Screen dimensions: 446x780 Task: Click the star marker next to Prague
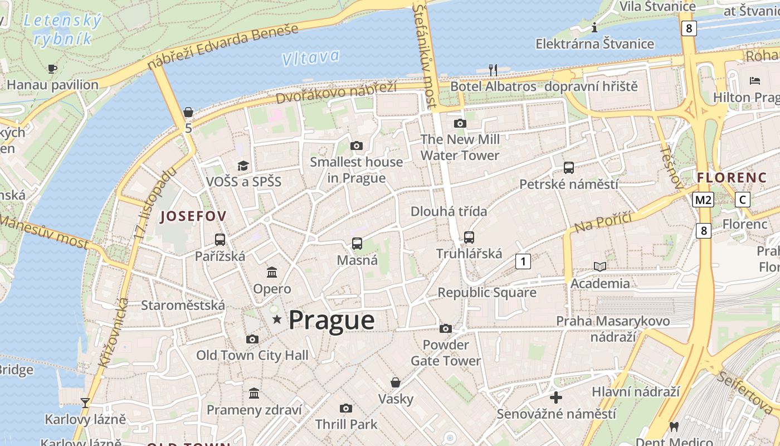[x=277, y=319]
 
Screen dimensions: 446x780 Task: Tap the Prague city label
[x=331, y=321]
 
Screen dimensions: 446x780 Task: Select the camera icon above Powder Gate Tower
[x=446, y=328]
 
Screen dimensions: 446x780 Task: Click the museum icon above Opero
[x=272, y=272]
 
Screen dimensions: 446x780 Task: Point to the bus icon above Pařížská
[x=220, y=240]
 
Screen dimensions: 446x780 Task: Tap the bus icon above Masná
[x=357, y=244]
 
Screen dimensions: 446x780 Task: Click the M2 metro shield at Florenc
[x=703, y=200]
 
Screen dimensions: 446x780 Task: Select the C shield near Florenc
[x=742, y=200]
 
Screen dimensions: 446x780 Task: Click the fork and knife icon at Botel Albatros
[x=493, y=70]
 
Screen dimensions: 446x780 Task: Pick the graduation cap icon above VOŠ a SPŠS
[x=243, y=166]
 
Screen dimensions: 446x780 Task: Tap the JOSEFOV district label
[x=193, y=216]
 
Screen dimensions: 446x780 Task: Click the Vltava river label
[x=310, y=57]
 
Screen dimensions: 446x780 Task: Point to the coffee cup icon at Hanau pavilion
[x=52, y=69]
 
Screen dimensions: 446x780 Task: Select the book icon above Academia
[x=600, y=266]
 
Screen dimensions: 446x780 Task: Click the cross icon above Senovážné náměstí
[x=556, y=397]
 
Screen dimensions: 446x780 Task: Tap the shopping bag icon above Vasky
[x=396, y=382]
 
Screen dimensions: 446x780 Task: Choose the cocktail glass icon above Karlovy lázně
[x=85, y=403]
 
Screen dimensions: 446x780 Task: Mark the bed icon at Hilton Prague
[x=755, y=81]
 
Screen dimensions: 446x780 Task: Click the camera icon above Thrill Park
[x=346, y=408]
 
